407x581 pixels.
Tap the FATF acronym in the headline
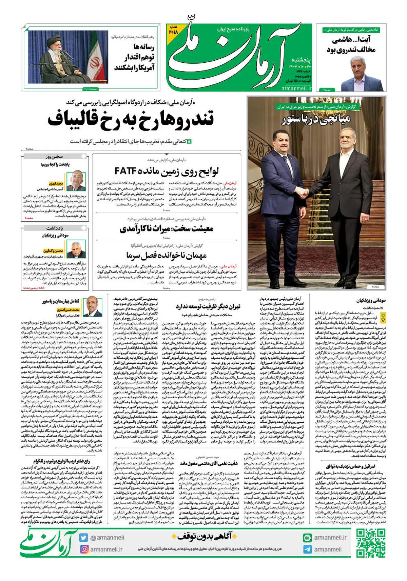[126, 171]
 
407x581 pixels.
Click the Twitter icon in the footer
[84, 538]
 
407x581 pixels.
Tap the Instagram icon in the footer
[84, 549]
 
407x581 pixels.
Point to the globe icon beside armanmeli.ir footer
[307, 538]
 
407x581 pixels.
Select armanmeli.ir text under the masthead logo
[296, 88]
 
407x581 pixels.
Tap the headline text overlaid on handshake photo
[315, 120]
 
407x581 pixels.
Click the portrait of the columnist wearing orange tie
[93, 306]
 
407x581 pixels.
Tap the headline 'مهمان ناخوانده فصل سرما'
[166, 255]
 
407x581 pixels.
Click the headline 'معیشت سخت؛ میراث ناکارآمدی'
[166, 228]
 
